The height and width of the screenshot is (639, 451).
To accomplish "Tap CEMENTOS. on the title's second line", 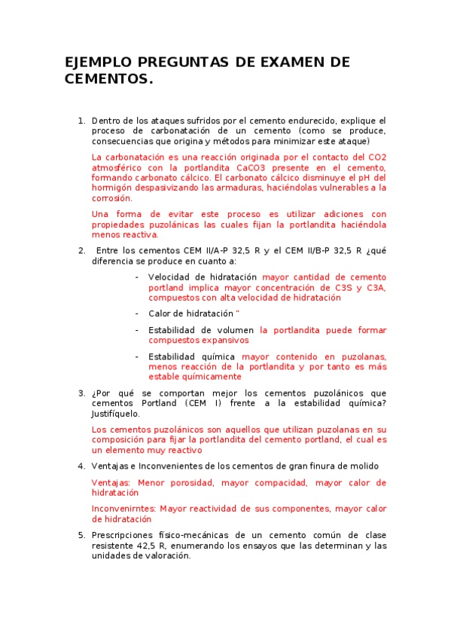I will coord(108,78).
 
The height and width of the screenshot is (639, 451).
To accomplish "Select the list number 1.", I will coord(81,121).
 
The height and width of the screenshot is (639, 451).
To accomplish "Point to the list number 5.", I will coord(81,535).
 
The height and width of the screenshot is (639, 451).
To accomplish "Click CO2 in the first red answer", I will coord(376,157).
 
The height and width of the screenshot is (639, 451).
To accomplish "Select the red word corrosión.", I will coord(111,198).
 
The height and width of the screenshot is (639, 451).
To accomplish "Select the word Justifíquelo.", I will coord(115,414).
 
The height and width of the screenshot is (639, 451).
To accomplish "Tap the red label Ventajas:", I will coord(111,482).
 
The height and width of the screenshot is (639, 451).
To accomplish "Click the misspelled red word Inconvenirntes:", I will coord(123,509).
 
